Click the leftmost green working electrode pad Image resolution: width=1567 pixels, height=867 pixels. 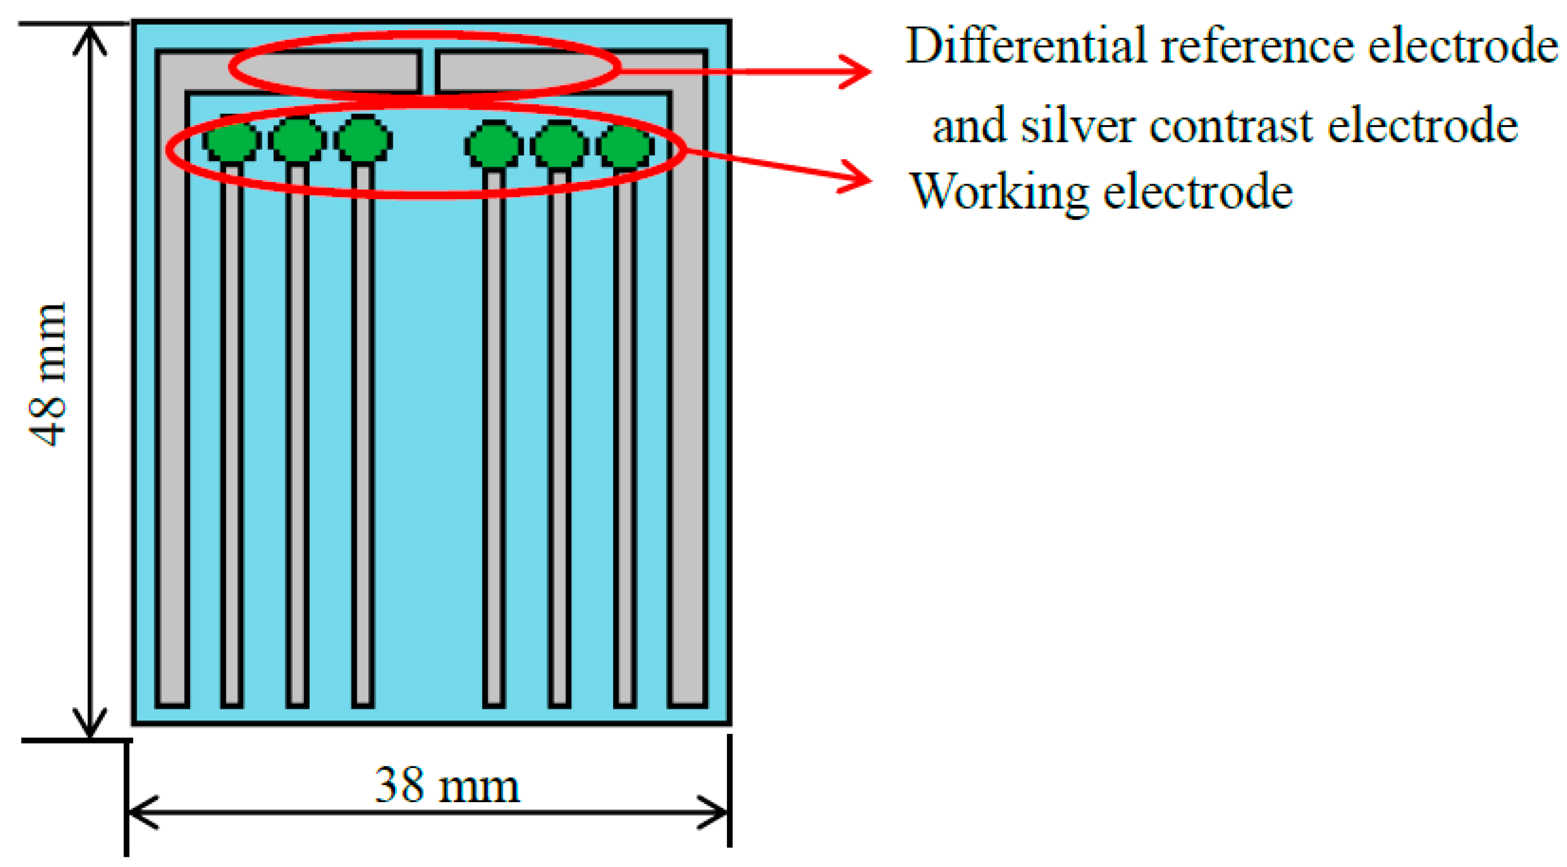coord(231,141)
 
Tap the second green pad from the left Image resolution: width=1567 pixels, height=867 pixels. coord(297,141)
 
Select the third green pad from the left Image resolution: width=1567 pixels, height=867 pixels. coord(363,139)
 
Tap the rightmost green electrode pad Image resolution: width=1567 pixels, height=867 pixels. coord(625,146)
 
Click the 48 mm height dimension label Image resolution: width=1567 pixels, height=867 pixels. coord(47,374)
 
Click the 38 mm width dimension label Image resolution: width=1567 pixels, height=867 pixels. coord(447,785)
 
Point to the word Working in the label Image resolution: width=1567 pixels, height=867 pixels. coord(998,192)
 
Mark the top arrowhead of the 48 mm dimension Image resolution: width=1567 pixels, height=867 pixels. coord(90,38)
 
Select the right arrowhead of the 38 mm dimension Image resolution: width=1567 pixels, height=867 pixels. coord(715,812)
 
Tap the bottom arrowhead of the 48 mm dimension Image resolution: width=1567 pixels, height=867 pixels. coord(90,724)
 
